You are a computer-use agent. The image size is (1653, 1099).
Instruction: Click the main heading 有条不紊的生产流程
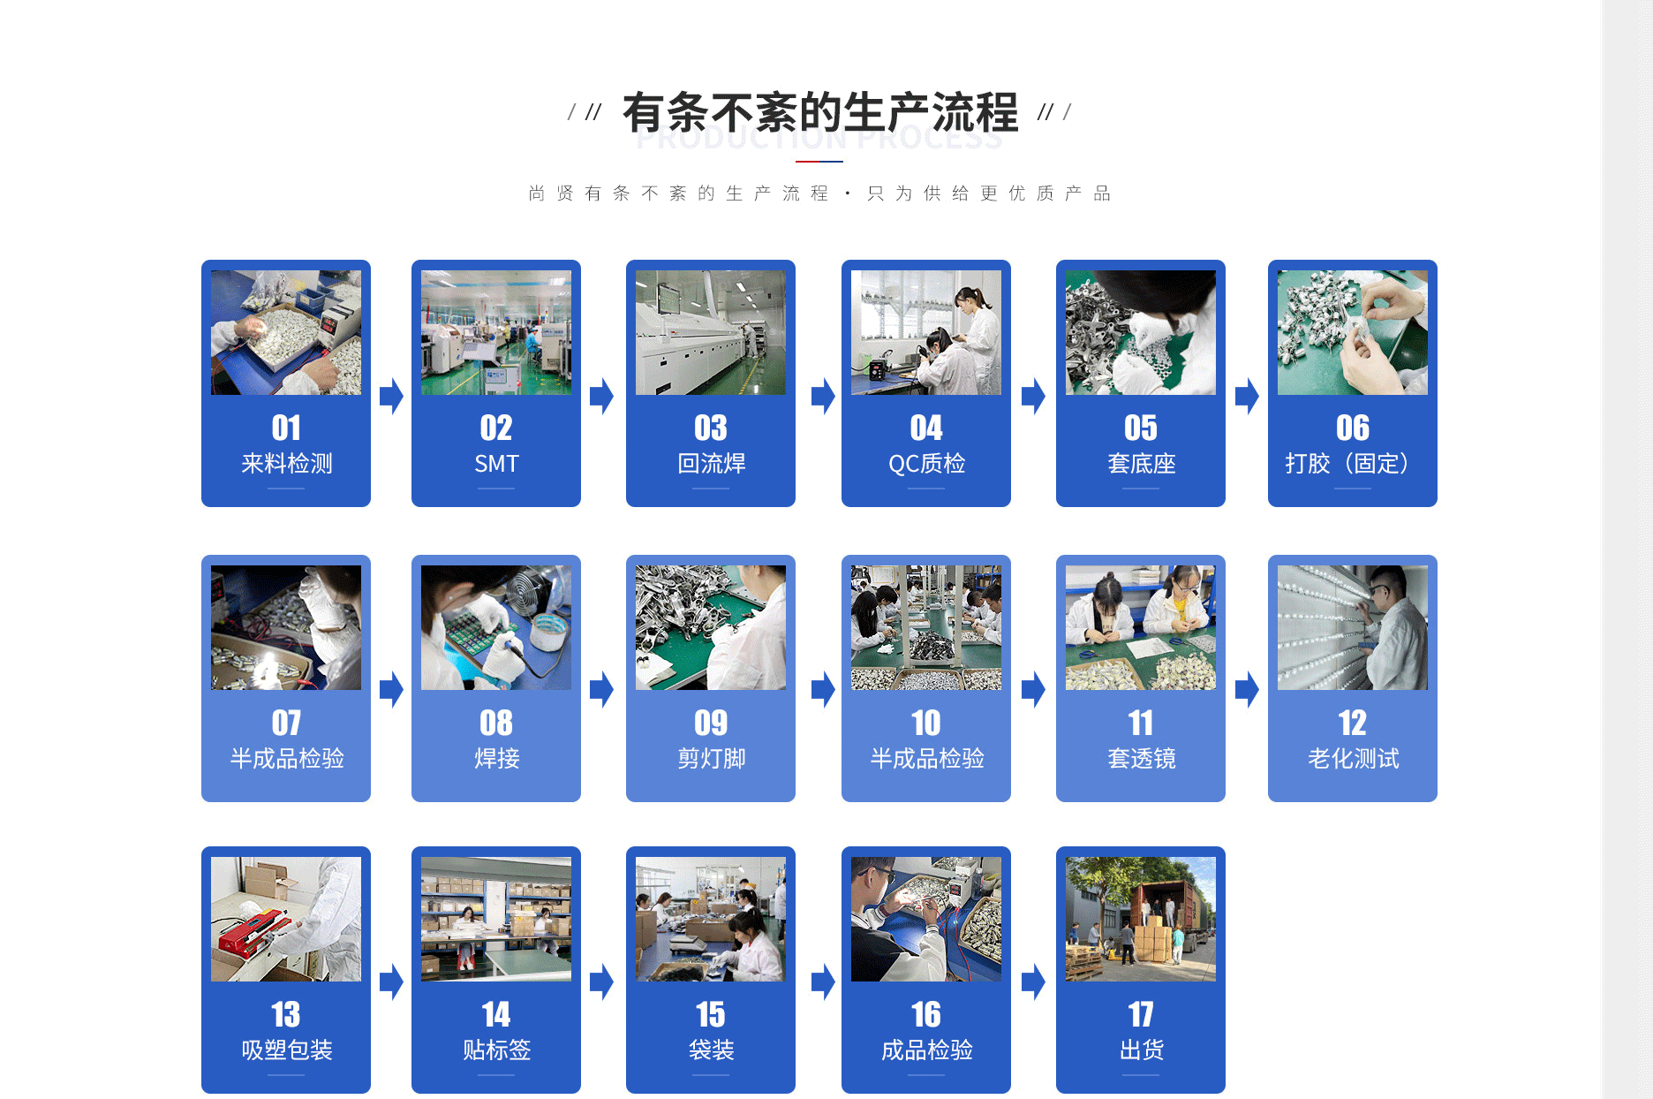point(819,112)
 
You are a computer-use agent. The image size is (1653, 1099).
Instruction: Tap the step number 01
point(286,428)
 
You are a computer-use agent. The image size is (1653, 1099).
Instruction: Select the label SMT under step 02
point(496,464)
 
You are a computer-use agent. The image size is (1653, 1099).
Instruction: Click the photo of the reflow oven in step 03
point(710,333)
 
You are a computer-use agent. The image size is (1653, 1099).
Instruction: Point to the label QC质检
point(926,464)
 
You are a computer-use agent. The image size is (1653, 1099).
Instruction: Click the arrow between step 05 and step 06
point(1247,396)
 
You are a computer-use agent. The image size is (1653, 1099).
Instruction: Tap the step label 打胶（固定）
point(1352,464)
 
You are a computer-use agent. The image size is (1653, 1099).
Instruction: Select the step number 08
point(496,724)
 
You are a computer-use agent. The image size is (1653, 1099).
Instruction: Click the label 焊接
point(496,759)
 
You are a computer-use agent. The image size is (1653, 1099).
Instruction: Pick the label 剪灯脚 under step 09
point(711,759)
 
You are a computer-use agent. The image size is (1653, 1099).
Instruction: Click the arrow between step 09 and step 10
point(823,689)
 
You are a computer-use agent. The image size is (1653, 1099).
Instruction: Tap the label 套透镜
point(1141,759)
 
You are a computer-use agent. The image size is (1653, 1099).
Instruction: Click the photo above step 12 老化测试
point(1352,627)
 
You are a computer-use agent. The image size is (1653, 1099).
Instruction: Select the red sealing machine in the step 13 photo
point(252,933)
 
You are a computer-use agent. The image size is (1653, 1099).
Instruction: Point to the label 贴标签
point(496,1050)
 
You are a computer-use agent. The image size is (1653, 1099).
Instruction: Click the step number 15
point(711,1015)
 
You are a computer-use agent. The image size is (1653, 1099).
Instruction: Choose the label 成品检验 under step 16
point(926,1050)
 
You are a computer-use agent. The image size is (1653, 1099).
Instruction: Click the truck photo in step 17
point(1140,919)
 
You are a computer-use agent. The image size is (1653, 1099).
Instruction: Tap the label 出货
point(1141,1050)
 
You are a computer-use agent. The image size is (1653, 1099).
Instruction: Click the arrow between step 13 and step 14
point(391,982)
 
